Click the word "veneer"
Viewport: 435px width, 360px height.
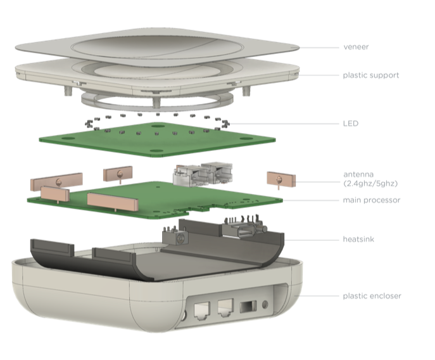(355, 46)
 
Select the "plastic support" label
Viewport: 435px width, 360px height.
(371, 75)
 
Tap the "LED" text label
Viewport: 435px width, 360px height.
(351, 123)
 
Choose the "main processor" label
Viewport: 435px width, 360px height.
(371, 200)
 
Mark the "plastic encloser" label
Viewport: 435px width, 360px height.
(372, 295)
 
